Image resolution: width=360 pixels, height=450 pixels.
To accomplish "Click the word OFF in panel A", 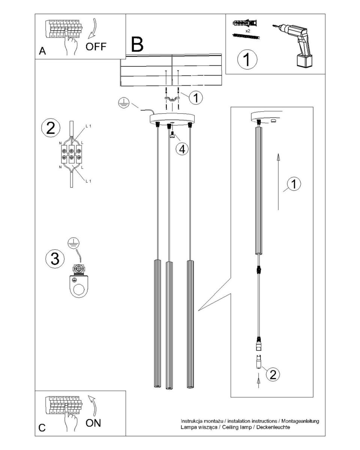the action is pos(96,46).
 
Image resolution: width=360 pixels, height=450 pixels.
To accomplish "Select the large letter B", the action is pos(137,44).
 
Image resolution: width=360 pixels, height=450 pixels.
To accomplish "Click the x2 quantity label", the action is pos(247,31).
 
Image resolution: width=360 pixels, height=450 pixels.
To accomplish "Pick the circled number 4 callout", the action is pos(182,150).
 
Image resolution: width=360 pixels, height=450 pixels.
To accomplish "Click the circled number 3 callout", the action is pos(55,258).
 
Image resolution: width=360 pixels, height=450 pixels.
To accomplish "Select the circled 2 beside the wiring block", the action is pos(51,128).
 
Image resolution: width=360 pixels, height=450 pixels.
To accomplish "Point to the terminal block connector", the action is pos(71,154).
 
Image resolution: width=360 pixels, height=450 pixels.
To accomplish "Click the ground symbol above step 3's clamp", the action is pos(73,243).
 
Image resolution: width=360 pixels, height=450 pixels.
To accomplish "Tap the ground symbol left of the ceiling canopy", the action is pos(124,103).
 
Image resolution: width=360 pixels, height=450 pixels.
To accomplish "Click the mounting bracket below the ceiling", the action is pos(172,99).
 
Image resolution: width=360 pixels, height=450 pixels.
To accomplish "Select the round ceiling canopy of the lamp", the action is pos(172,118).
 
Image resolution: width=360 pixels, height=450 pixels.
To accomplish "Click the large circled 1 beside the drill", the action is pos(247,59).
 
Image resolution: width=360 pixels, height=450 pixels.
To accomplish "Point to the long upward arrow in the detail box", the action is pos(278,181).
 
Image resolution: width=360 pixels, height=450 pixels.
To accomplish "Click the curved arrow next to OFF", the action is pos(93,28).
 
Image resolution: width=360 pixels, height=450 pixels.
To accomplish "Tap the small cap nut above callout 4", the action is pos(172,135).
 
